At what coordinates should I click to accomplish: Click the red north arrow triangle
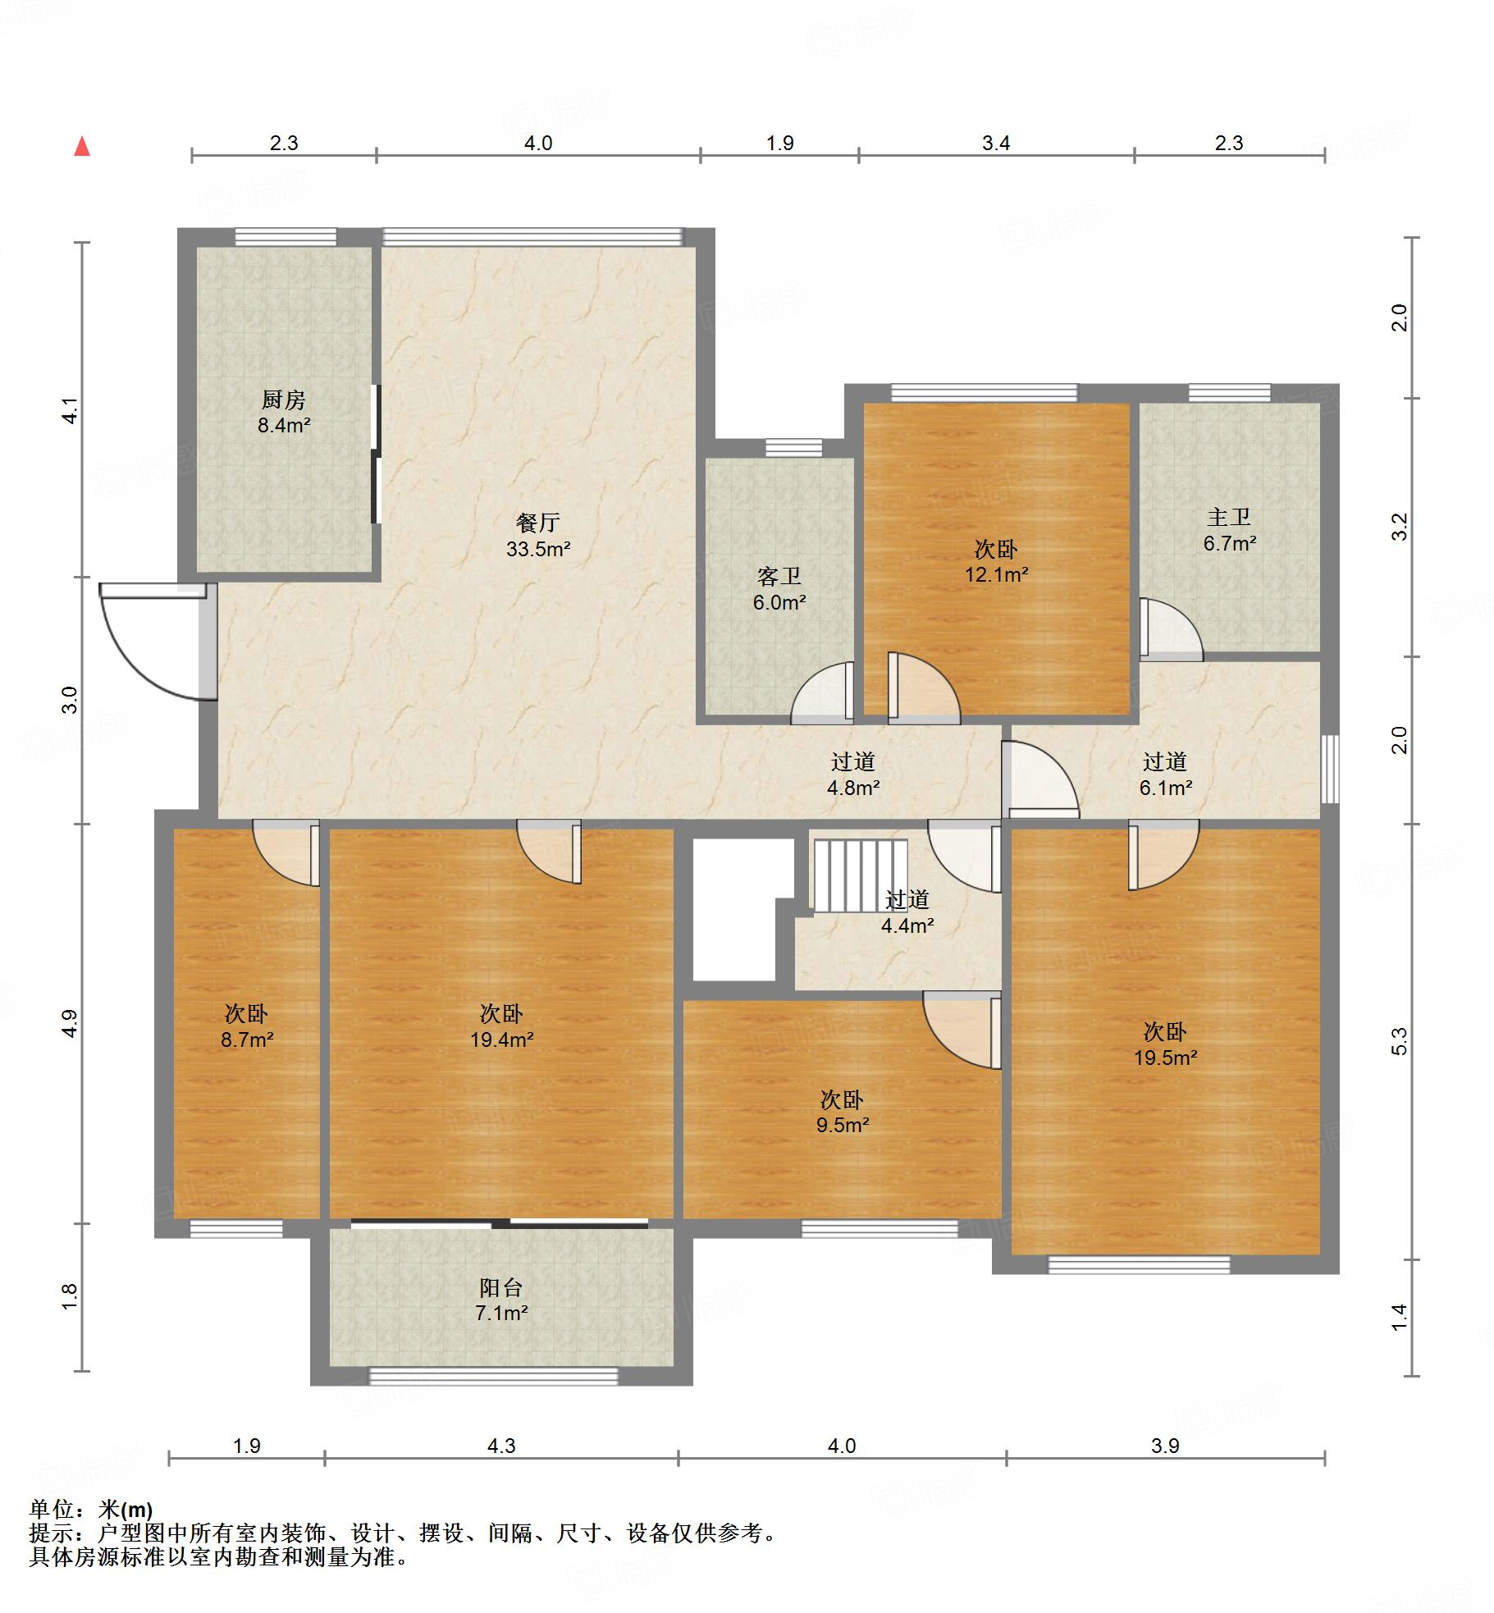pyautogui.click(x=82, y=146)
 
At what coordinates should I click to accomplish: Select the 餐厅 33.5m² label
pyautogui.click(x=538, y=535)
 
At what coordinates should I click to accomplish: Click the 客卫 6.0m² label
pyautogui.click(x=779, y=589)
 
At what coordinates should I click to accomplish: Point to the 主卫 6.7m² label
pyautogui.click(x=1230, y=529)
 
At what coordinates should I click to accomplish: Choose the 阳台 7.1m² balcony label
pyautogui.click(x=501, y=1300)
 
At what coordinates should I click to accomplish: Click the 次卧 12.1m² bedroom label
pyautogui.click(x=997, y=561)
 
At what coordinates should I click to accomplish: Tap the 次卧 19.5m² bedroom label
pyautogui.click(x=1165, y=1044)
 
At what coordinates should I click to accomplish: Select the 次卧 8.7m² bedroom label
pyautogui.click(x=247, y=1026)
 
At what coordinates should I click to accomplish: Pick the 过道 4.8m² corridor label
pyautogui.click(x=853, y=775)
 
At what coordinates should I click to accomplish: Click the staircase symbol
pyautogui.click(x=861, y=875)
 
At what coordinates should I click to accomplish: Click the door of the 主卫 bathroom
pyautogui.click(x=1171, y=629)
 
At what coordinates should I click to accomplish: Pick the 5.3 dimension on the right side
pyautogui.click(x=1400, y=1041)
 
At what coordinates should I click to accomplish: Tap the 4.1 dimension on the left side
pyautogui.click(x=71, y=410)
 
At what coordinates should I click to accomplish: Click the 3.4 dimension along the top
pyautogui.click(x=996, y=144)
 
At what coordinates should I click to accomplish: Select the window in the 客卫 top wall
pyautogui.click(x=794, y=448)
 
